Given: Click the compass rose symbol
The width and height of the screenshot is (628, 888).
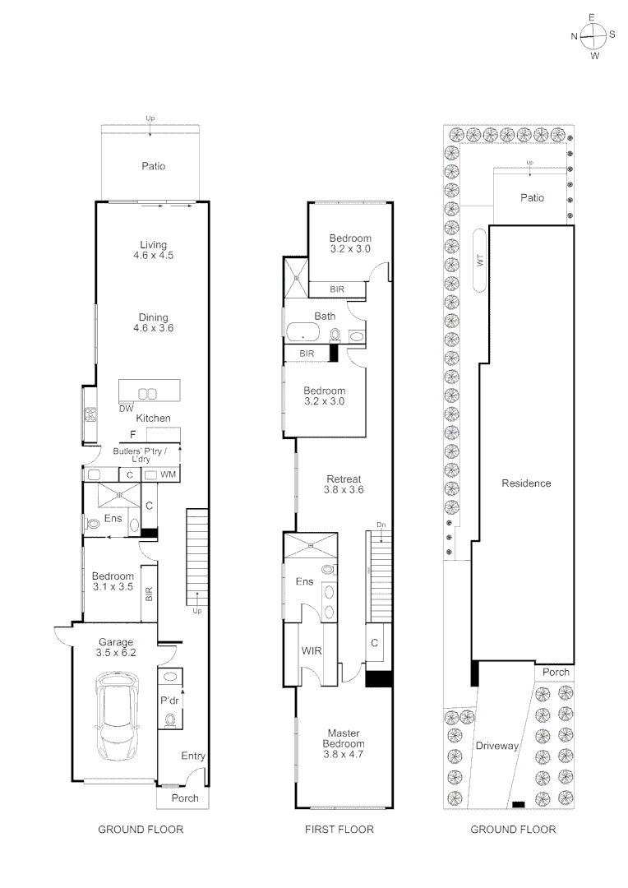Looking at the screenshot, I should [593, 35].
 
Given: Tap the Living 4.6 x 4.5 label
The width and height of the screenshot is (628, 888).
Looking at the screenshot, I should [153, 250].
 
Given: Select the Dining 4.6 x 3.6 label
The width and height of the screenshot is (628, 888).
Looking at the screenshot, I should [153, 323].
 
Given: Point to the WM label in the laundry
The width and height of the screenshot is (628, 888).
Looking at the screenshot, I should [168, 474].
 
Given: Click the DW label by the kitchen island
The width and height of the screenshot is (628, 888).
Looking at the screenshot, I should [126, 409].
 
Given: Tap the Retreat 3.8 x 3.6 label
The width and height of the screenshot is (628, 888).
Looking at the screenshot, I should [344, 484].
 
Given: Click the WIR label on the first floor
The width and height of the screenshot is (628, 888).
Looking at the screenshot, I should [312, 651].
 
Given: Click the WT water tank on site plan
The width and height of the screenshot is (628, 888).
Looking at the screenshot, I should [481, 260].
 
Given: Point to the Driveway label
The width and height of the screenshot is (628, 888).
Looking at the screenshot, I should [496, 747].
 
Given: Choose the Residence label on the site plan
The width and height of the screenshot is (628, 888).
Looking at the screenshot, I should [526, 483].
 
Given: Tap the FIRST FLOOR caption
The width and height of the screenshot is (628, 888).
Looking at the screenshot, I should [339, 830].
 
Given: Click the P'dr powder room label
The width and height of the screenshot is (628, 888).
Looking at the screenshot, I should [170, 701].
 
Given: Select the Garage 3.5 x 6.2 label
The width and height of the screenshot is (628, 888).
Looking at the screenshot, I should [116, 647].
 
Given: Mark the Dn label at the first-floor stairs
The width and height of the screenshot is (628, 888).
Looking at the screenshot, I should [381, 525].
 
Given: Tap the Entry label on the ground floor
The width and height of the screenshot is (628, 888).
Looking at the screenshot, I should [193, 756].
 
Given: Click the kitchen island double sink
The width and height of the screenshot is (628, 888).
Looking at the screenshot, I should [147, 393].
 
